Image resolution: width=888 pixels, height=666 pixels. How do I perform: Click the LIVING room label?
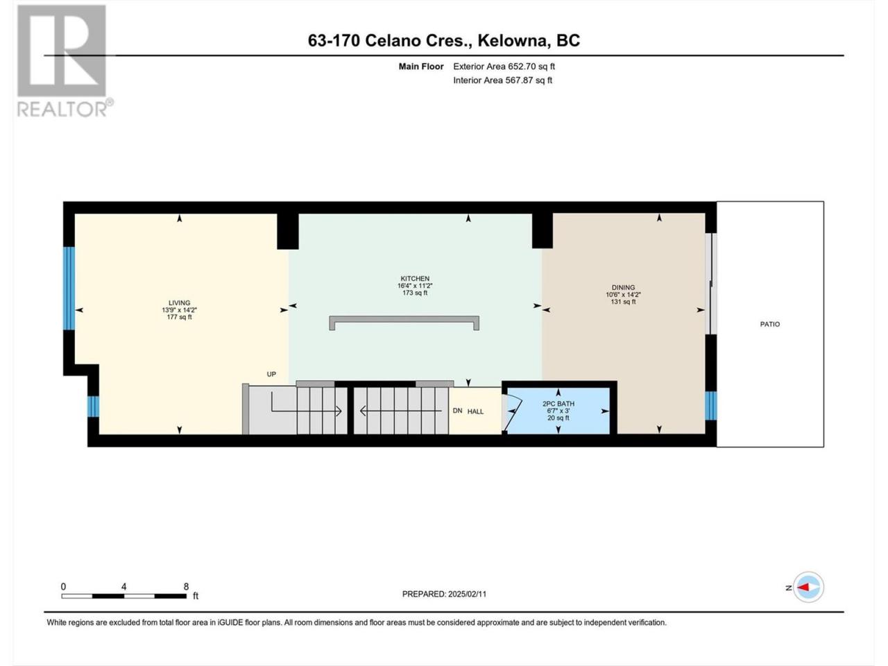[179, 303]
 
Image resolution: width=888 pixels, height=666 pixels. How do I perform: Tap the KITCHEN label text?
[415, 279]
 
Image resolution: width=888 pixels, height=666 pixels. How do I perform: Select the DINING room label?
[623, 287]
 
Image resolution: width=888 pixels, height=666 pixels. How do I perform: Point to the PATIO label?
[769, 324]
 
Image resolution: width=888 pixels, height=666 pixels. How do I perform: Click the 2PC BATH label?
[558, 404]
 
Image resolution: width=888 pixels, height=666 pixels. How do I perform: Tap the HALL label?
[475, 411]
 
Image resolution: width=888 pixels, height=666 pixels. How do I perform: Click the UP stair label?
[271, 375]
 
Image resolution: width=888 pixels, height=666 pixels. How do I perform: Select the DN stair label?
[458, 411]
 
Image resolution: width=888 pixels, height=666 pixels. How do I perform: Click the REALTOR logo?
[65, 61]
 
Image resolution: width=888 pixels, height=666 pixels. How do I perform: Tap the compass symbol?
[808, 587]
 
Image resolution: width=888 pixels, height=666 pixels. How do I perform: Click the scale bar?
[123, 596]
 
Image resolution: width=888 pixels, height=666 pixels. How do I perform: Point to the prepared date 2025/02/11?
[467, 594]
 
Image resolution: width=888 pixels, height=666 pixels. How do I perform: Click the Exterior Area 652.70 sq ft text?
[504, 67]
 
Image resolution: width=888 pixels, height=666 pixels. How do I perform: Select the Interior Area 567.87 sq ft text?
[502, 80]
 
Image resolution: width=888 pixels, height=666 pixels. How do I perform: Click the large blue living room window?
[69, 288]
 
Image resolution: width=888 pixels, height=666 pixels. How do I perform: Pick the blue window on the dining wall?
[711, 406]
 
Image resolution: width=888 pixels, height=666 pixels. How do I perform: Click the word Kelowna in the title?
[513, 40]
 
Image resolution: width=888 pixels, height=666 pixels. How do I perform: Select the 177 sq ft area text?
[179, 317]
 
